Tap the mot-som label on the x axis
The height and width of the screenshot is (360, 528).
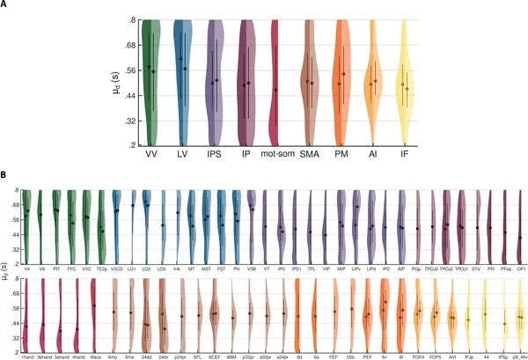point(277,155)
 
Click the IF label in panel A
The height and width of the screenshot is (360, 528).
point(405,155)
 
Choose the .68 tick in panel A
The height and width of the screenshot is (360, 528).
point(128,45)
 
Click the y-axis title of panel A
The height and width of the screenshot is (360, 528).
point(117,83)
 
